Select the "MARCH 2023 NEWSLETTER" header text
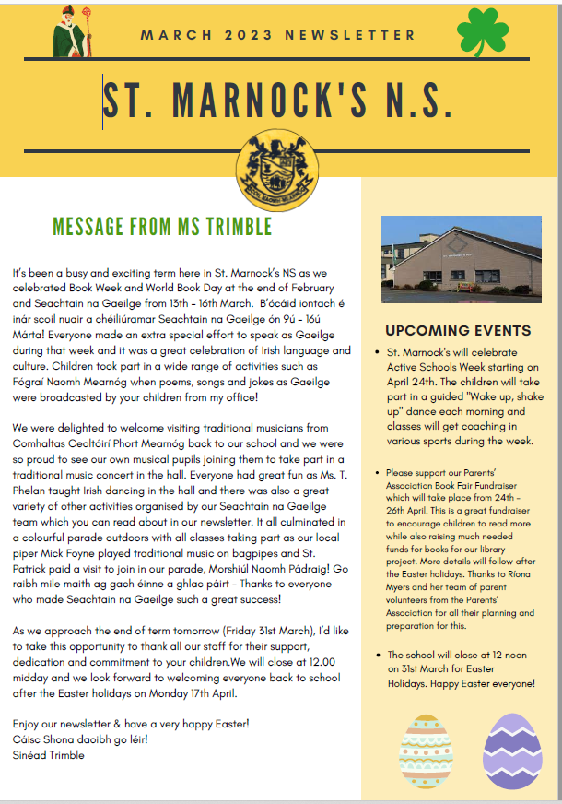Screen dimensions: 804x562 point(278,35)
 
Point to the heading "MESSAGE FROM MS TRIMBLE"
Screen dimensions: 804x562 point(162,226)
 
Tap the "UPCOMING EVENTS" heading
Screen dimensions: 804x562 point(458,331)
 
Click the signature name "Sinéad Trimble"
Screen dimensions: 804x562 point(48,755)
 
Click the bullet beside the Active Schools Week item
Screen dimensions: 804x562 point(380,353)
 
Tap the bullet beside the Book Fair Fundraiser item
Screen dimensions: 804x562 point(380,472)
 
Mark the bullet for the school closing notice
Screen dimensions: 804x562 point(380,656)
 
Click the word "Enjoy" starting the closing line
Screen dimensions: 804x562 point(29,727)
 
